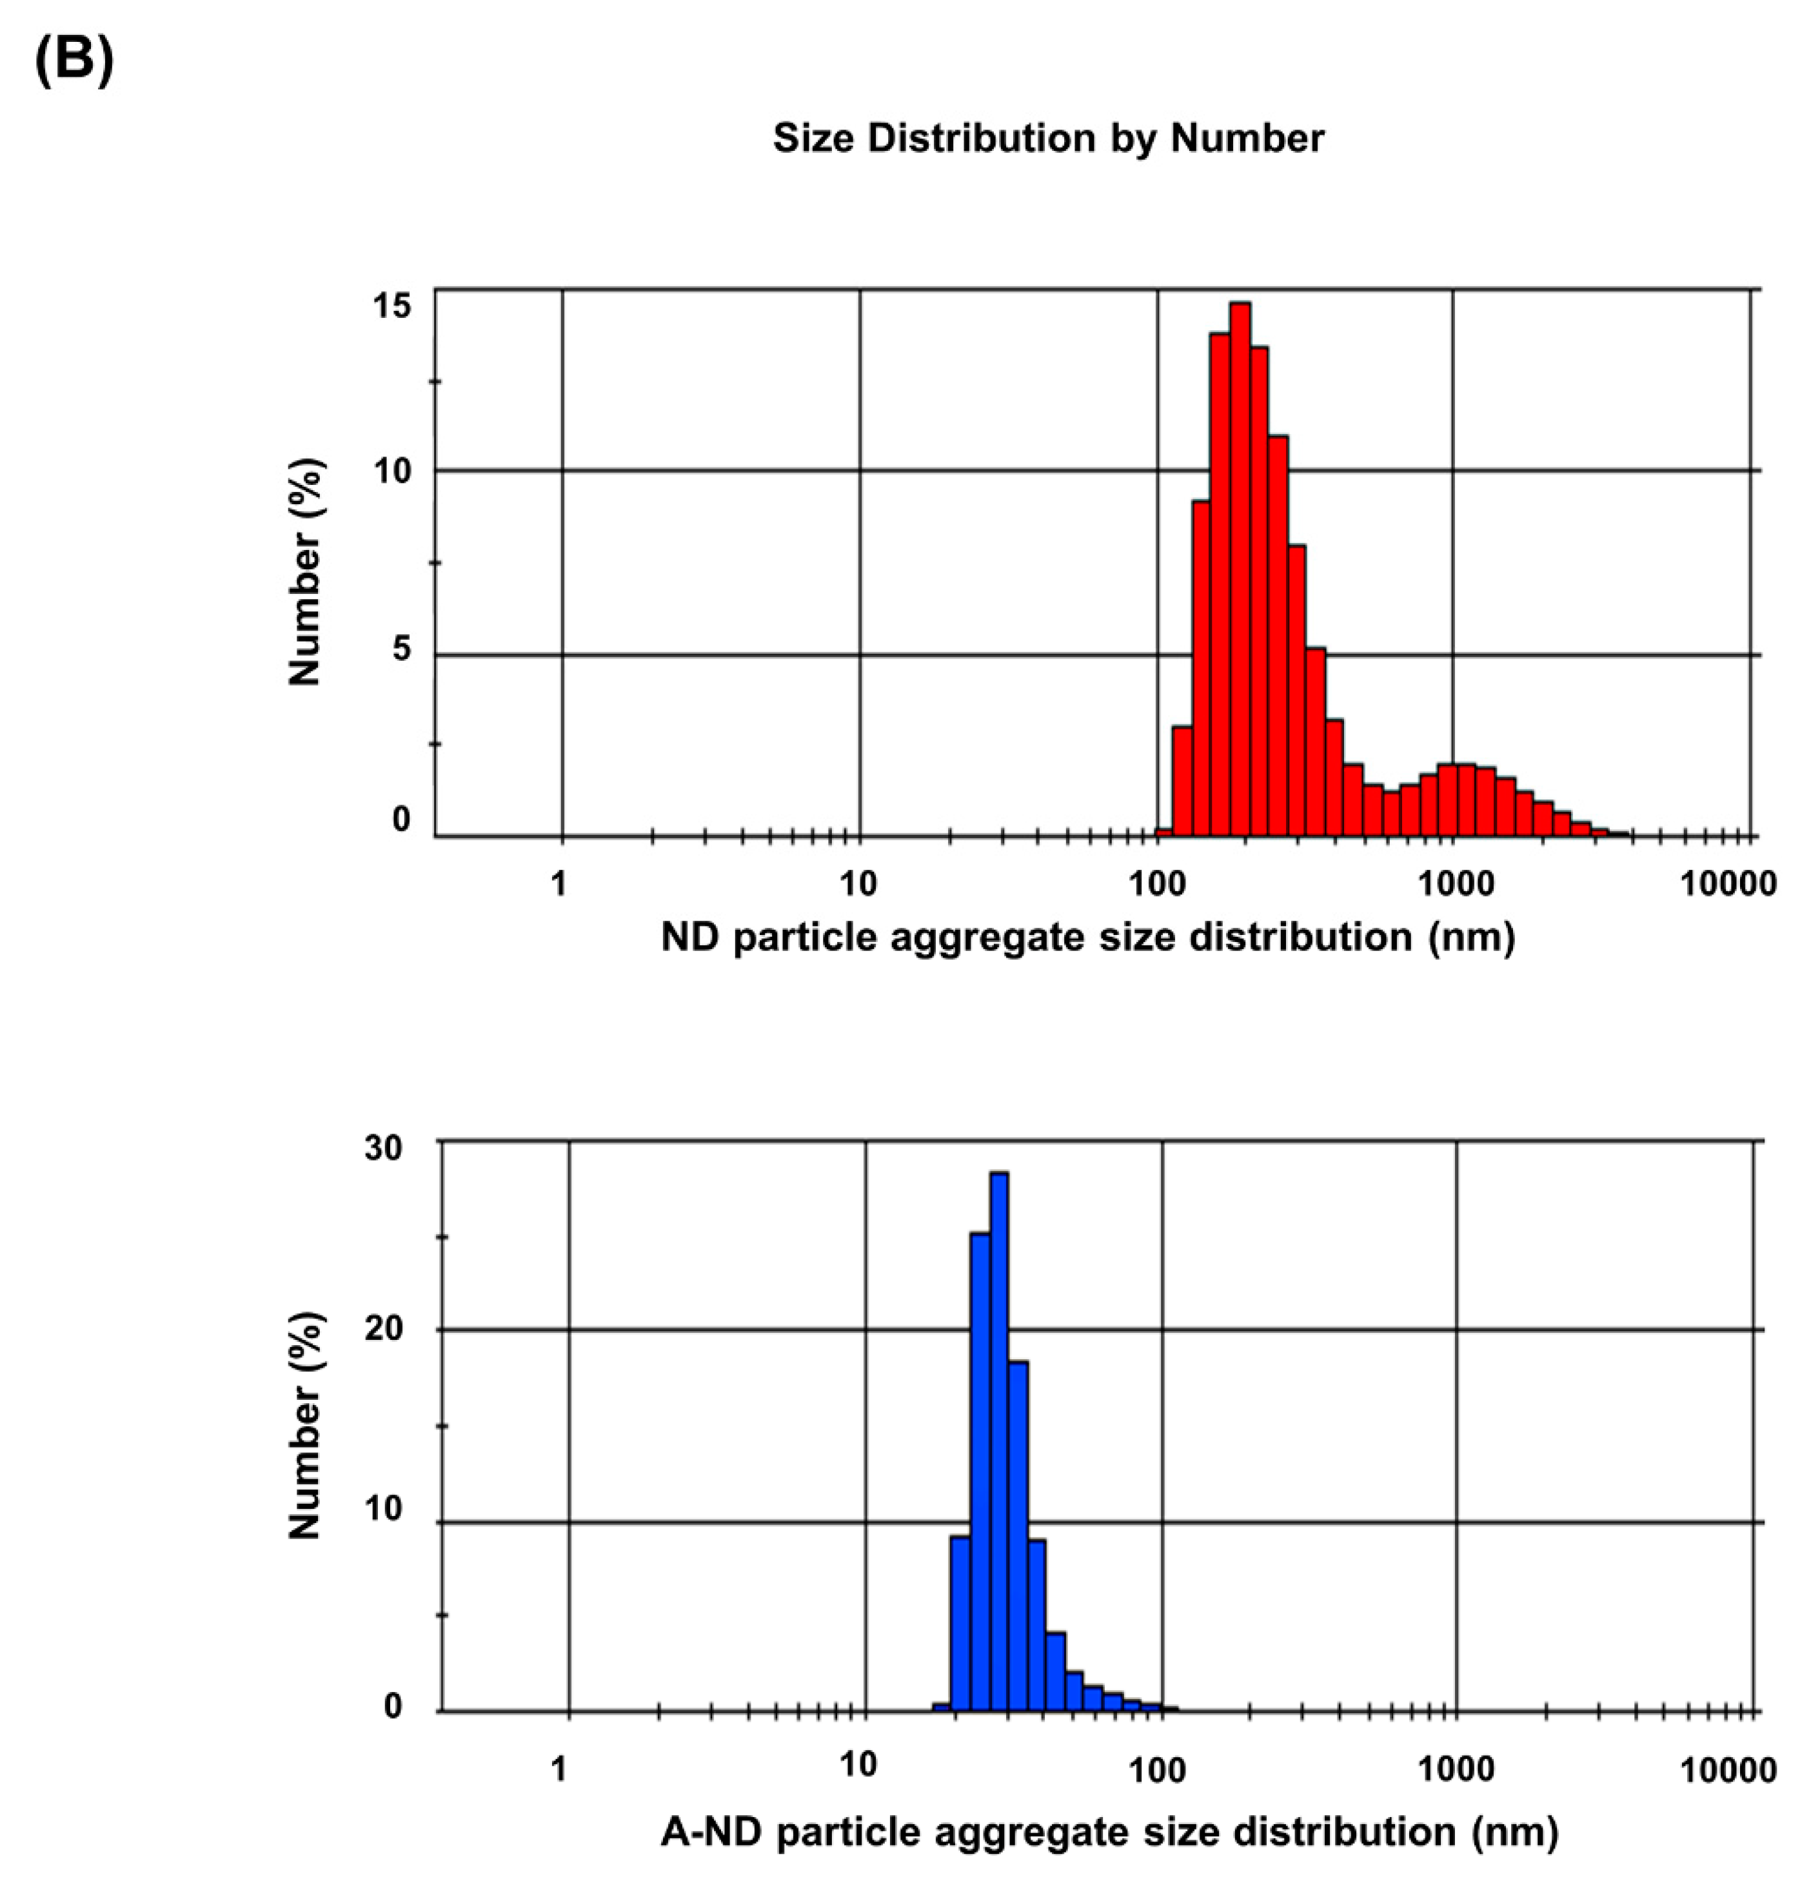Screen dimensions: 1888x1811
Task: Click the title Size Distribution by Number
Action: tap(1048, 139)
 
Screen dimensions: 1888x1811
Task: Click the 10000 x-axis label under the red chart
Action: tap(1727, 883)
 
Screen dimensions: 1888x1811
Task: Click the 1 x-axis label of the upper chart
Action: tap(559, 883)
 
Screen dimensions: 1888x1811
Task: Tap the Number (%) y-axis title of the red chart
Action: tap(305, 572)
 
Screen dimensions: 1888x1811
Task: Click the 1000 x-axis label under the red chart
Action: tap(1450, 883)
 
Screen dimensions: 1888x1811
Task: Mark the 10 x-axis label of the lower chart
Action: tap(857, 1765)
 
